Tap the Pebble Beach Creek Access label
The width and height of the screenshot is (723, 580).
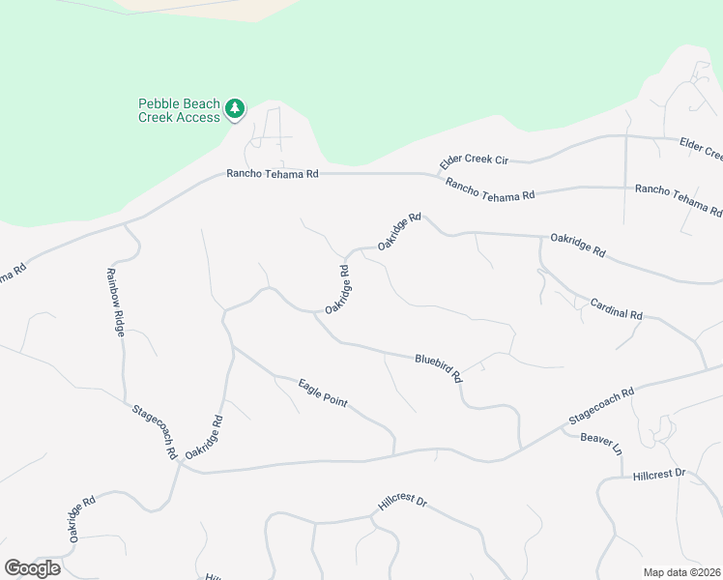tap(180, 110)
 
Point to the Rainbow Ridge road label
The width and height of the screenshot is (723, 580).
tap(116, 302)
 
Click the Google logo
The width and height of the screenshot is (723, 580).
tap(32, 568)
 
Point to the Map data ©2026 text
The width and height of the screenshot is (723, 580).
tap(681, 572)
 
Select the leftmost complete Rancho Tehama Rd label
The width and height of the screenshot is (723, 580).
tap(273, 174)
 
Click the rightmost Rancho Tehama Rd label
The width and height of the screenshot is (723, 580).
tap(679, 199)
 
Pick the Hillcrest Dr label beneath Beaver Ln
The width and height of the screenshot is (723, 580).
tap(659, 475)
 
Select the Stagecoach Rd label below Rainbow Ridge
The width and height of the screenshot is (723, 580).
tap(155, 431)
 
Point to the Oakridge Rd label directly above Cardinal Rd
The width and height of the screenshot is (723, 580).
tap(578, 246)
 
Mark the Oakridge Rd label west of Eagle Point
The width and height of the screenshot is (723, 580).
tap(204, 437)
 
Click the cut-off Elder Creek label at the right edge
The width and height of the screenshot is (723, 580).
tap(702, 148)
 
